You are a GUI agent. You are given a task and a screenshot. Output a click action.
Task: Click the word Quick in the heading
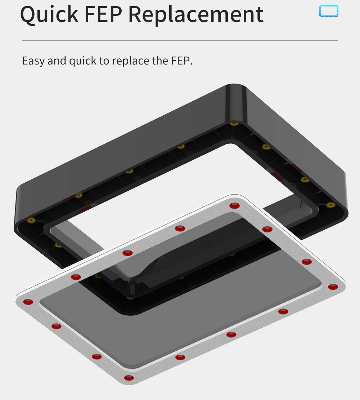pyautogui.click(x=49, y=14)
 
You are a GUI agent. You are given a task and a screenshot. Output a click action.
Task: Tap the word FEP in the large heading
pyautogui.click(x=103, y=14)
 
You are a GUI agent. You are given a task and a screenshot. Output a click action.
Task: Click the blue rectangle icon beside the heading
pyautogui.click(x=329, y=11)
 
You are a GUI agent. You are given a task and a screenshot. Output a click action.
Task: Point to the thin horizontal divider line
pyautogui.click(x=180, y=41)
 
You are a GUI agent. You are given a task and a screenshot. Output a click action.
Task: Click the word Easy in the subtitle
pyautogui.click(x=33, y=61)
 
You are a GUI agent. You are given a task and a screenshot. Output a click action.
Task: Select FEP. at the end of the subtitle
pyautogui.click(x=182, y=61)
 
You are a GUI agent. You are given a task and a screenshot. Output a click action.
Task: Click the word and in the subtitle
pyautogui.click(x=57, y=61)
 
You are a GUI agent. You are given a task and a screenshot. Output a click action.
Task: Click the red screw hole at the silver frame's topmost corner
pyautogui.click(x=234, y=206)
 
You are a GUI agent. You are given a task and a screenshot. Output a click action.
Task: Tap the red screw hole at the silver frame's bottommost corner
pyautogui.click(x=129, y=378)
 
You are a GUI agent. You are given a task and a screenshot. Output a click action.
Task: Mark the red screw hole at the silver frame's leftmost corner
pyautogui.click(x=28, y=302)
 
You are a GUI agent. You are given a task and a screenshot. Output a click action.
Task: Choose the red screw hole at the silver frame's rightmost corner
pyautogui.click(x=333, y=287)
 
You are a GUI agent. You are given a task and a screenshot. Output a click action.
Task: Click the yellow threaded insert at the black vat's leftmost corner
pyautogui.click(x=31, y=220)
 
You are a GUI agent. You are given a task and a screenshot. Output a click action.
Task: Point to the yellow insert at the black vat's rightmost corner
pyautogui.click(x=331, y=205)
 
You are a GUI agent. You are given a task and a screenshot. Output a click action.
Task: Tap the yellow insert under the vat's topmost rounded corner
pyautogui.click(x=234, y=124)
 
